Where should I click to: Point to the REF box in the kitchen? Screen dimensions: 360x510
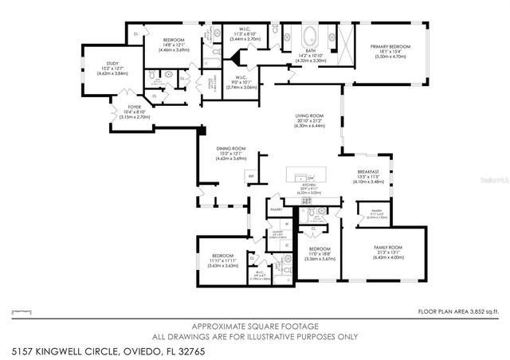point(251,176)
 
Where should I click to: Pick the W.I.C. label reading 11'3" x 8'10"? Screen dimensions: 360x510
point(244,33)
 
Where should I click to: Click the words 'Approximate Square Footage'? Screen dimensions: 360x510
point(254,327)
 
